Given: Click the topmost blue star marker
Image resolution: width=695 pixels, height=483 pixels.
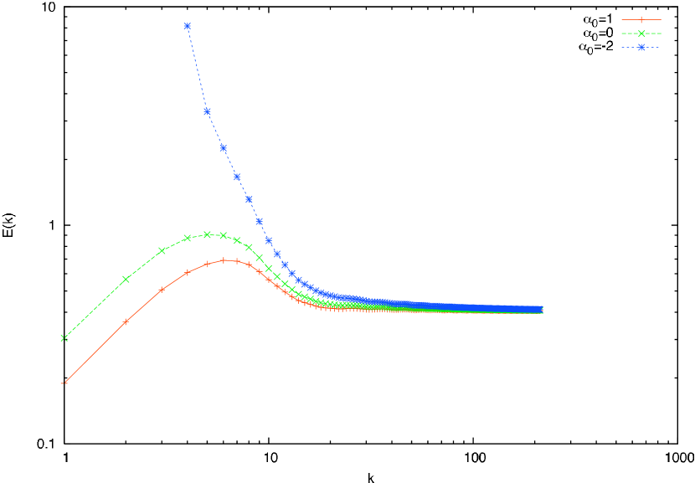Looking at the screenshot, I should click(x=188, y=26).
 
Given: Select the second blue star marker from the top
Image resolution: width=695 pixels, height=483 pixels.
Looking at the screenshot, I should click(x=207, y=111).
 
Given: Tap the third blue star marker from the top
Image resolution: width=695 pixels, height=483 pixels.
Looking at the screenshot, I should click(x=224, y=148).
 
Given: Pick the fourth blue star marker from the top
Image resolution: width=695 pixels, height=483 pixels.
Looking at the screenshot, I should click(x=237, y=177).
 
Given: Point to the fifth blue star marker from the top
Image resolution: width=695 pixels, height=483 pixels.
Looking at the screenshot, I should click(x=249, y=199).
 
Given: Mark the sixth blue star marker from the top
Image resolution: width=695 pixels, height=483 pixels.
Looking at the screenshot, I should click(x=259, y=221).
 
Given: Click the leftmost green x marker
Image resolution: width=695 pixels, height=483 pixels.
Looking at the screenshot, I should click(x=64, y=338).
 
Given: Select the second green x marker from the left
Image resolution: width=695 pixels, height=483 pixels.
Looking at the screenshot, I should click(x=126, y=280).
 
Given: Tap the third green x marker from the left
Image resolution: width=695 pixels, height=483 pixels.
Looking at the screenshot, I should click(x=162, y=250).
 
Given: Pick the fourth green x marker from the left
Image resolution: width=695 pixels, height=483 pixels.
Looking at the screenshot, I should click(x=188, y=238).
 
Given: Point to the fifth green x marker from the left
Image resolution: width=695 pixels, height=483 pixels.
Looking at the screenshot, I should click(x=207, y=234).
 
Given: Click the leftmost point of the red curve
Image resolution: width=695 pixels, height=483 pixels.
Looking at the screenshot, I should click(x=64, y=384).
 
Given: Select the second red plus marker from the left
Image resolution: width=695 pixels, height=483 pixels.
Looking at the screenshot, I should click(x=126, y=321).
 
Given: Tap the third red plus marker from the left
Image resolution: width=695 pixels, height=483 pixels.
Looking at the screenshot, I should click(x=162, y=290).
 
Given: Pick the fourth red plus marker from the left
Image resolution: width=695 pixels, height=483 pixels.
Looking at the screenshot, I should click(x=188, y=272).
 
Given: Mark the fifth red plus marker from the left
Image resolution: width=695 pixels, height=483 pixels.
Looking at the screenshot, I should click(x=207, y=264).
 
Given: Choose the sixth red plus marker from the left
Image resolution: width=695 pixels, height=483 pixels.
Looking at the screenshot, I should click(x=224, y=260).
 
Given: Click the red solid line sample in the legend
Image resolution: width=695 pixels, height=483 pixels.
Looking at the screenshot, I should click(x=641, y=19).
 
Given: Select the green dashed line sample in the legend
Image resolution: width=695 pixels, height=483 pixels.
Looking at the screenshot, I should click(x=641, y=33).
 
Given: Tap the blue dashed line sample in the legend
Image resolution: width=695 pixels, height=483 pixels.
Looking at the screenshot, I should click(x=641, y=48).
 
